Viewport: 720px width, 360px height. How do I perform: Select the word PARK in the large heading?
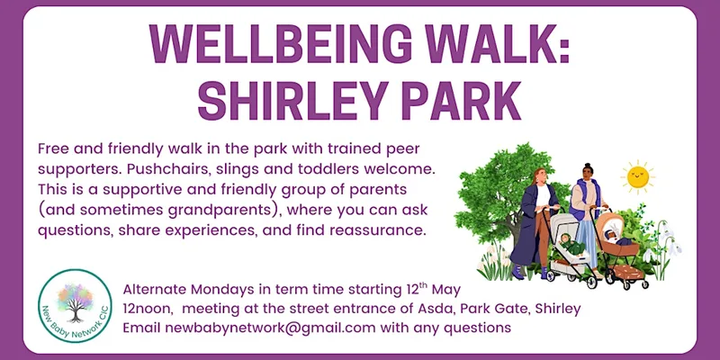click(462, 101)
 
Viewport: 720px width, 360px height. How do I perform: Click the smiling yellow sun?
click(638, 176)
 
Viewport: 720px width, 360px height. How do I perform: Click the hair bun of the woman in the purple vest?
click(588, 166)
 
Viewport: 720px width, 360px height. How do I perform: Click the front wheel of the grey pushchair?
click(592, 283)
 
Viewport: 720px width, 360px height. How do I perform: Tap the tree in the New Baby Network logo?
click(75, 301)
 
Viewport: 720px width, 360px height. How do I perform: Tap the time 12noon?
click(148, 309)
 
